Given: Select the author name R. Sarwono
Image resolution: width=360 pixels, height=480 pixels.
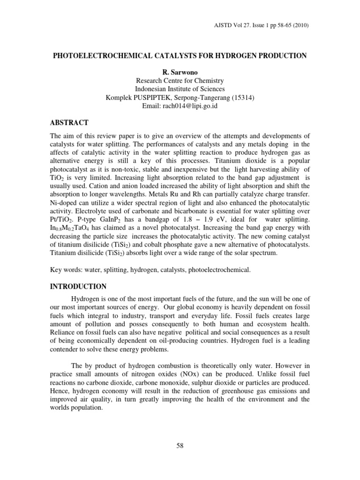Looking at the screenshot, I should click(x=180, y=72).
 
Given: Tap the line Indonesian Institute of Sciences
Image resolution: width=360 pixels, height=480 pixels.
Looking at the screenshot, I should click(x=180, y=89).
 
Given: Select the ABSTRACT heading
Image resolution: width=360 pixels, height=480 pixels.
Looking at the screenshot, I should click(x=69, y=123).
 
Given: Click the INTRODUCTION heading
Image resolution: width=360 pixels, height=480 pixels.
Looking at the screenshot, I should click(x=78, y=286).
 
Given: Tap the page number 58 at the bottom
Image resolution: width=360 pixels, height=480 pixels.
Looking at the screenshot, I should click(x=180, y=446).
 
